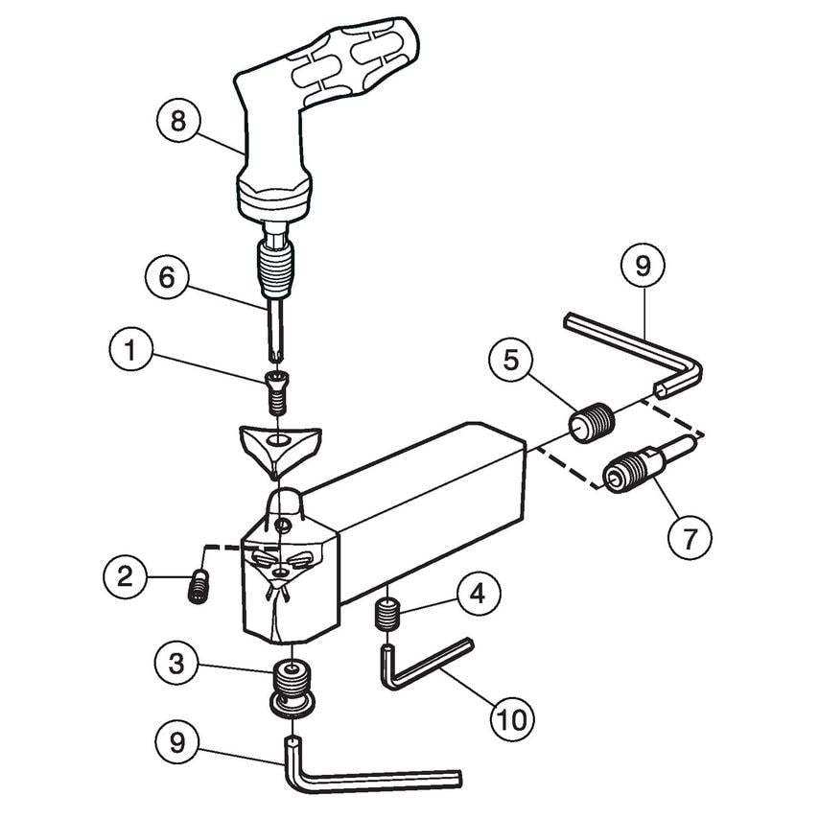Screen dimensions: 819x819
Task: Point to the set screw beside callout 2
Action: [x=199, y=588]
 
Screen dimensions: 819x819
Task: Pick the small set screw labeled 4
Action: [x=386, y=613]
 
